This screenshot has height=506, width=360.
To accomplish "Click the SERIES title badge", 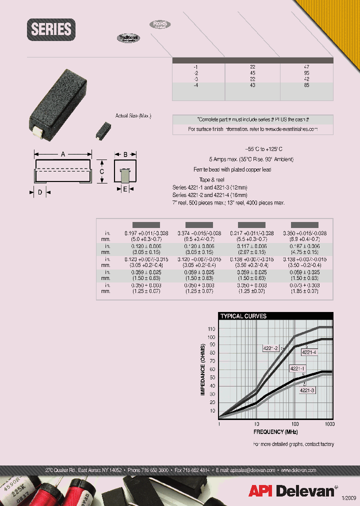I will [x=51, y=29].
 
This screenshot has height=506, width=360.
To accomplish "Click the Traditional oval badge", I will [x=128, y=38].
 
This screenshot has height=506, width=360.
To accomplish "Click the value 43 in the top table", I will [x=252, y=85].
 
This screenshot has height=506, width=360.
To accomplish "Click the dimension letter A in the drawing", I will [x=63, y=154].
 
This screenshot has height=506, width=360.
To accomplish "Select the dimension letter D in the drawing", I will [x=39, y=192].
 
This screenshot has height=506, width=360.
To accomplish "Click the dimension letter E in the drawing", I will [x=125, y=189].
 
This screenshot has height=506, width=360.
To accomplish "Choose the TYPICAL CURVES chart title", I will [x=243, y=316].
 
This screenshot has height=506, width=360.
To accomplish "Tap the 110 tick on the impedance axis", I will [x=211, y=329].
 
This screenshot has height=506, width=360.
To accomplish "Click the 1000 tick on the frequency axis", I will [x=330, y=424].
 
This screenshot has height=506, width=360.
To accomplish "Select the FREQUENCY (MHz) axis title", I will [x=275, y=431].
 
